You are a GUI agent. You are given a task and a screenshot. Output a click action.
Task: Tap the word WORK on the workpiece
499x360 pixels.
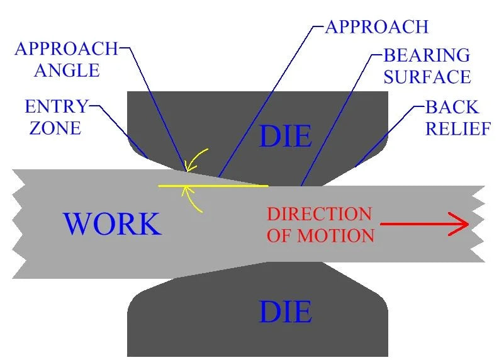point(113,224)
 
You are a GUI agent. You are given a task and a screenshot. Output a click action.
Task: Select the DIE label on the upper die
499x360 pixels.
point(286,136)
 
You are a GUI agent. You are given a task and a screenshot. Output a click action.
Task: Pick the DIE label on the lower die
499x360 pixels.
point(286,312)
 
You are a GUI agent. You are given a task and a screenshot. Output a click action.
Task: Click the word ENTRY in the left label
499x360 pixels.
point(56,106)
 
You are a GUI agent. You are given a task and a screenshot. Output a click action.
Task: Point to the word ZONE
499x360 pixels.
point(55,128)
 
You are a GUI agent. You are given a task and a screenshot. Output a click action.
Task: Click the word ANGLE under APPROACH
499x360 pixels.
point(67,70)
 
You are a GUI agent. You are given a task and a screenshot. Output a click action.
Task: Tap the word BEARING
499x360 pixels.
point(427,55)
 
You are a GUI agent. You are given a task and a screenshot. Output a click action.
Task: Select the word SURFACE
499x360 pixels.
point(427,77)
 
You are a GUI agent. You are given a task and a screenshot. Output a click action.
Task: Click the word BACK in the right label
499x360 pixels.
point(452,107)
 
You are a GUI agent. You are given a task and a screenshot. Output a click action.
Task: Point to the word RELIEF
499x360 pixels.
point(458,128)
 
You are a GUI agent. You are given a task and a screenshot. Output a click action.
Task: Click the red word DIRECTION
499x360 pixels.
point(319,214)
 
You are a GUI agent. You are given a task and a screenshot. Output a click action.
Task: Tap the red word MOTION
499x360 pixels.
point(336,235)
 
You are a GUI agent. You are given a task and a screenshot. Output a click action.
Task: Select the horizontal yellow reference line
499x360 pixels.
point(213,186)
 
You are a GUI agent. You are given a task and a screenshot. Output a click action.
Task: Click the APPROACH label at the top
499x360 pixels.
point(377,26)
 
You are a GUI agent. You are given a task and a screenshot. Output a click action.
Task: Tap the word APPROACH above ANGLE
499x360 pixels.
point(66,48)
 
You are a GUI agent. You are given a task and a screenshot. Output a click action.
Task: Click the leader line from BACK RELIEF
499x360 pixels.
point(391,136)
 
